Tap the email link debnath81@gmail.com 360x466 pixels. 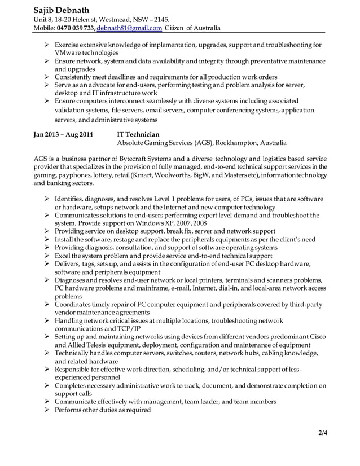(x=130, y=28)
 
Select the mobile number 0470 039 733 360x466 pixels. (x=76, y=28)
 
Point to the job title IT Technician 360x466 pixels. (x=138, y=135)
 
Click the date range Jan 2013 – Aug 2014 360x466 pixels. (x=63, y=135)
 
